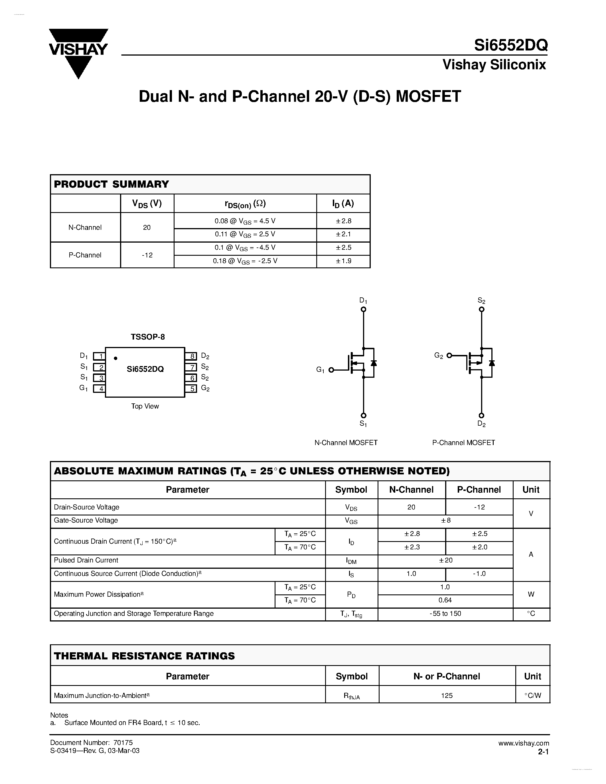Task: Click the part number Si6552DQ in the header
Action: point(510,45)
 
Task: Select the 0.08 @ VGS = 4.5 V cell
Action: point(245,221)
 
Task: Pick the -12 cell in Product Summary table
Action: point(147,255)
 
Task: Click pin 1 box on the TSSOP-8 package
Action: point(99,356)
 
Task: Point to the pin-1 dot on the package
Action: point(115,358)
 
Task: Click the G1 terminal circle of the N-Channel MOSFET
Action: point(331,370)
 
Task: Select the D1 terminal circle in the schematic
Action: point(363,309)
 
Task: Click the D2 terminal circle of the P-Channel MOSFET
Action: point(481,415)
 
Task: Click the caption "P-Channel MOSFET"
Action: point(463,443)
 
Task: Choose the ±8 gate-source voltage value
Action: point(445,521)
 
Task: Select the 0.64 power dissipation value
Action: point(445,600)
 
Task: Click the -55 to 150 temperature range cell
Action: point(445,614)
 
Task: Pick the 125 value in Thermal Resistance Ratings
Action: point(447,695)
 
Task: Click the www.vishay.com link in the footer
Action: point(523,743)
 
